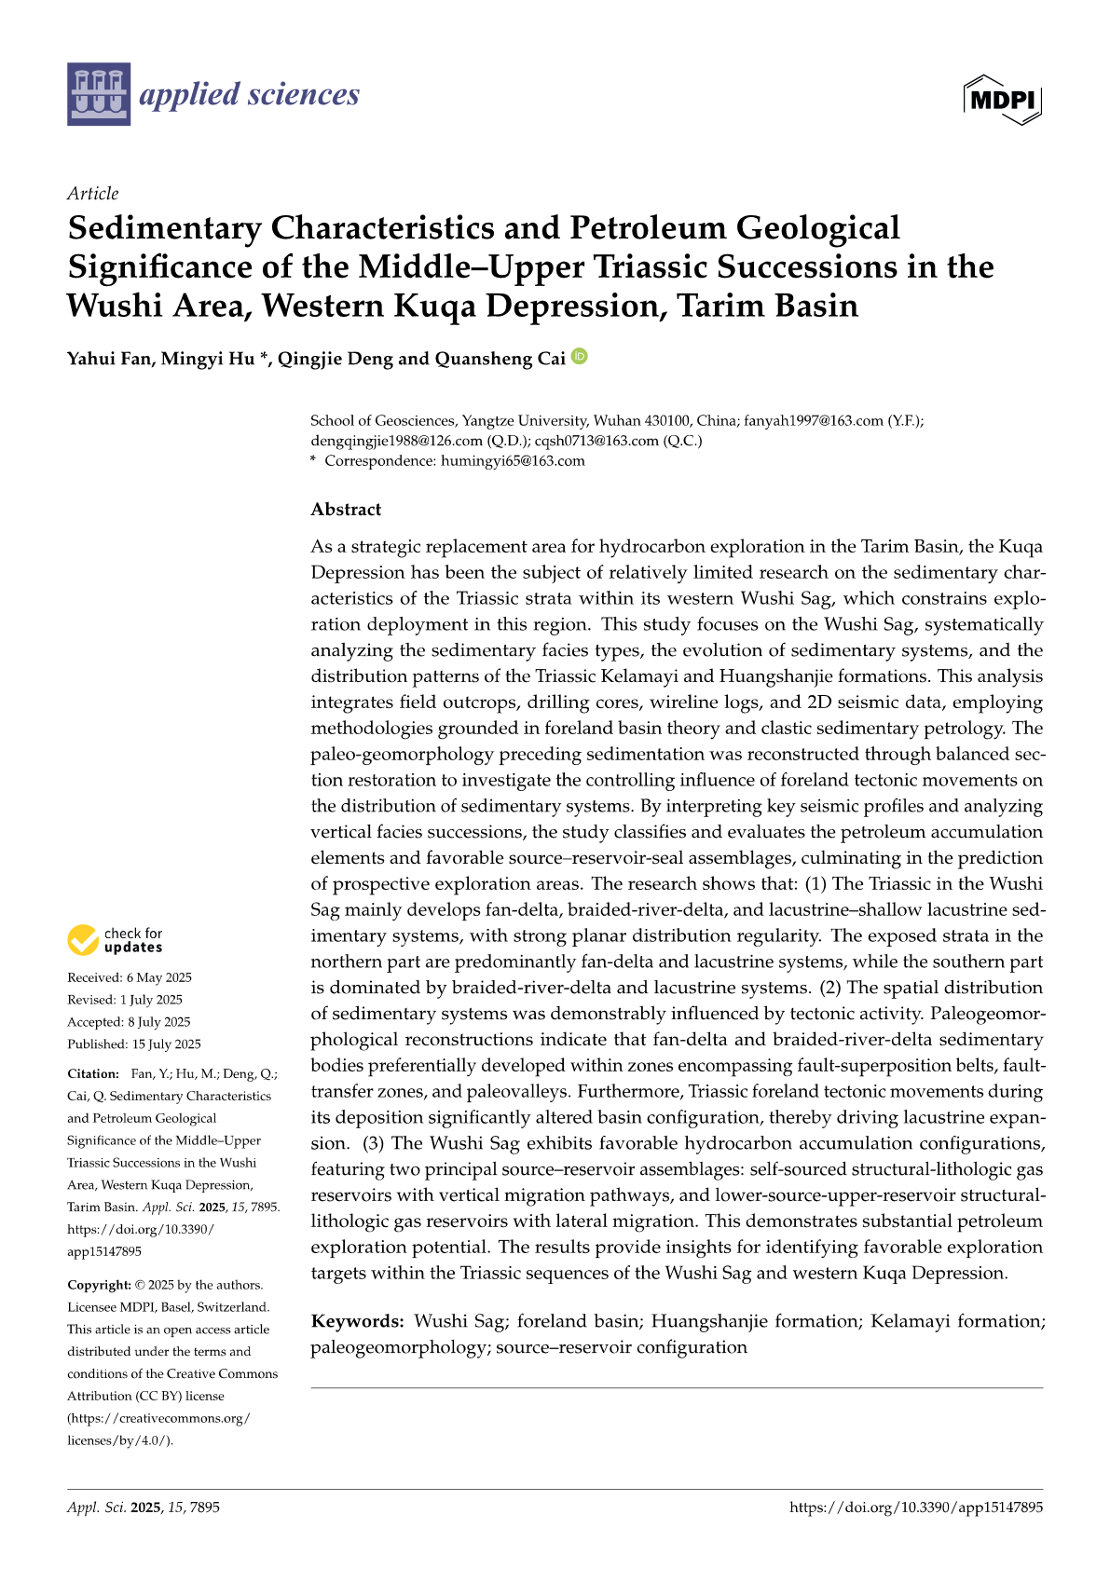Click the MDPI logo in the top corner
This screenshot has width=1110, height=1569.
click(x=1003, y=99)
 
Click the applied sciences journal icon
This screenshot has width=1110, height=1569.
click(x=98, y=94)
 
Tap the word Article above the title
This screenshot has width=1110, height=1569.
click(x=92, y=193)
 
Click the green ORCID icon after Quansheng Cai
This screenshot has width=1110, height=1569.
click(x=580, y=356)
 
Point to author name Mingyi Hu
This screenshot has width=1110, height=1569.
click(x=208, y=359)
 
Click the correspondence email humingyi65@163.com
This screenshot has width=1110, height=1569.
click(x=513, y=460)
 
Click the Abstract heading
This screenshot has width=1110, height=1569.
click(x=346, y=509)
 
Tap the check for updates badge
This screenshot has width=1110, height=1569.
click(x=115, y=940)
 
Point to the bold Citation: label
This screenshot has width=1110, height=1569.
click(x=93, y=1073)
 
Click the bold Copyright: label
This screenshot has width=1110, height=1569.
click(x=99, y=1285)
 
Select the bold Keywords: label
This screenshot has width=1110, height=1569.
click(x=357, y=1321)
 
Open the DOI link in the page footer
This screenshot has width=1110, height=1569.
click(x=916, y=1507)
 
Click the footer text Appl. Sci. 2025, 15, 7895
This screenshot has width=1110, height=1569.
click(x=144, y=1507)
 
